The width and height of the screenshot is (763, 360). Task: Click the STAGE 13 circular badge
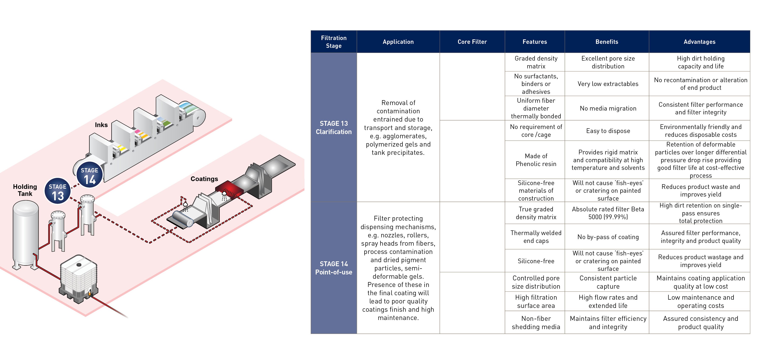pyautogui.click(x=58, y=191)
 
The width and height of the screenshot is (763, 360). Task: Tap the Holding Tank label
pyautogui.click(x=25, y=190)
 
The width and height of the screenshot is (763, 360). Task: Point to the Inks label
pyautogui.click(x=101, y=125)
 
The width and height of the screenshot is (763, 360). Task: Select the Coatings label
pyautogui.click(x=204, y=179)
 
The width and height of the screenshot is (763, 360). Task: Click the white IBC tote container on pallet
pyautogui.click(x=78, y=278)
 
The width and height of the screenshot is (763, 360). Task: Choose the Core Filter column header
pyautogui.click(x=472, y=42)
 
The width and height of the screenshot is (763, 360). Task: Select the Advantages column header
pyautogui.click(x=699, y=42)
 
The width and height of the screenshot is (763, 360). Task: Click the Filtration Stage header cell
pyautogui.click(x=334, y=42)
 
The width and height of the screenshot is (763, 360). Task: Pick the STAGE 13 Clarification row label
pyautogui.click(x=334, y=128)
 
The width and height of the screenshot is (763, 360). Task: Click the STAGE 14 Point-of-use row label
pyautogui.click(x=334, y=268)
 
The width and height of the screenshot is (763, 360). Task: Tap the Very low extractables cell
pyautogui.click(x=608, y=84)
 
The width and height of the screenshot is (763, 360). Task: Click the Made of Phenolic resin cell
pyautogui.click(x=536, y=160)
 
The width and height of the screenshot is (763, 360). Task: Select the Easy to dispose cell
pyautogui.click(x=608, y=131)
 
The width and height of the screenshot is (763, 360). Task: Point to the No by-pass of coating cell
pyautogui.click(x=608, y=237)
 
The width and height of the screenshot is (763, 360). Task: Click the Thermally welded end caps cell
pyautogui.click(x=536, y=237)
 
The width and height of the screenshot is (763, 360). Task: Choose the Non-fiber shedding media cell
pyautogui.click(x=536, y=323)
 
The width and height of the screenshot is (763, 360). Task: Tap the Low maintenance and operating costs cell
pyautogui.click(x=700, y=301)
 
